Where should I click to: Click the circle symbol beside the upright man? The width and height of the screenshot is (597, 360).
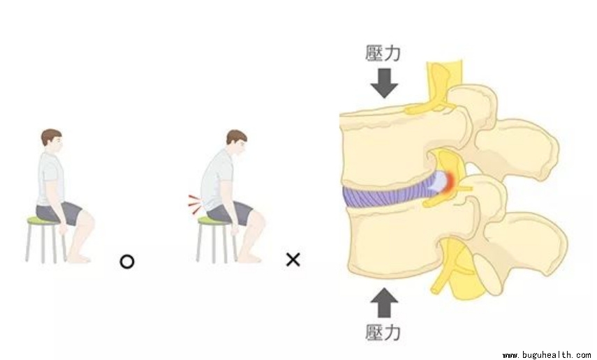tap(127, 262)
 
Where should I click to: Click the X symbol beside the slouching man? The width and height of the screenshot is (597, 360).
tap(293, 260)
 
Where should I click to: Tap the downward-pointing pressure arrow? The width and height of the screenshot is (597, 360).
tap(383, 83)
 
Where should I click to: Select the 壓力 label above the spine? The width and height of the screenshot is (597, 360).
tap(383, 53)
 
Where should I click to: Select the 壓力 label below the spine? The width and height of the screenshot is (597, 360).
tap(383, 332)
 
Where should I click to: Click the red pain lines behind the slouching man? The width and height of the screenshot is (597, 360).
tap(193, 203)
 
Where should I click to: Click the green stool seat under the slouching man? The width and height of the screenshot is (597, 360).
tap(210, 221)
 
